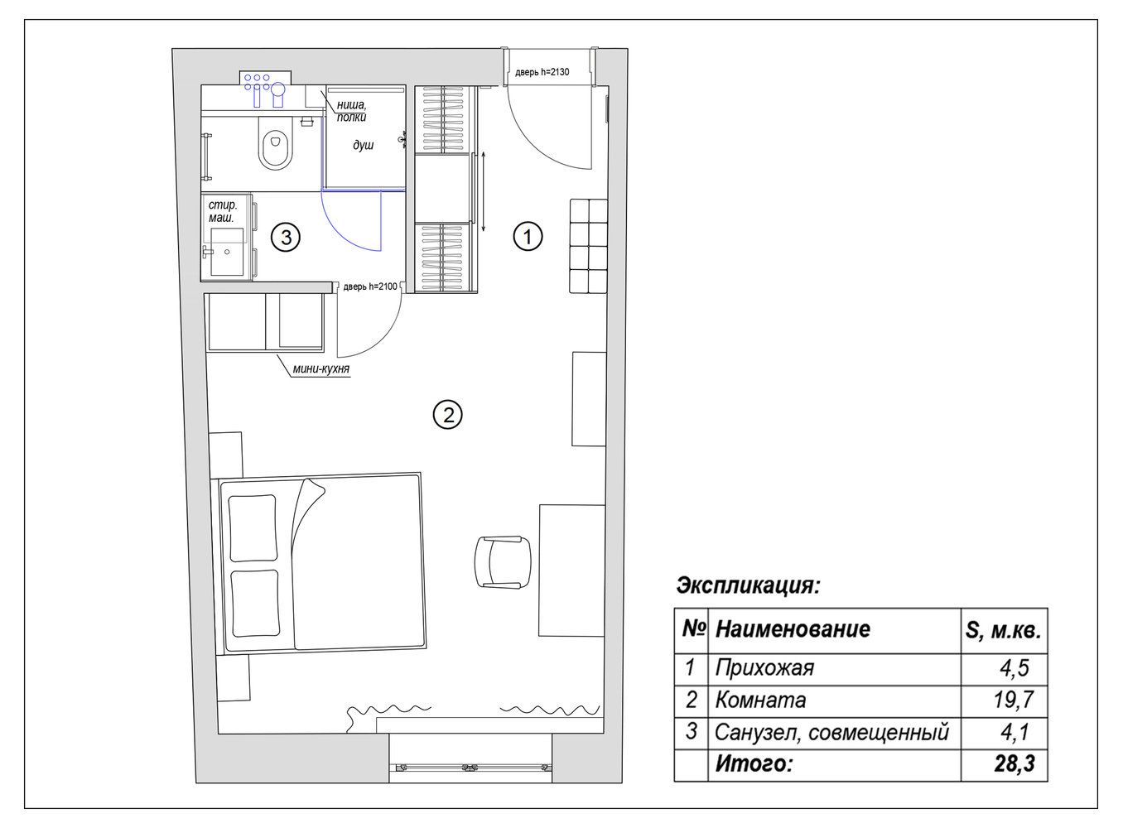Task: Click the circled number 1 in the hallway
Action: click(x=528, y=236)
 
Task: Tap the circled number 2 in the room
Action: click(x=447, y=415)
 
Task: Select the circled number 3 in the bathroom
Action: click(x=286, y=237)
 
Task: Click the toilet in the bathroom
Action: click(x=275, y=143)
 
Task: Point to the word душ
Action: click(x=363, y=146)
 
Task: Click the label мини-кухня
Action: click(x=321, y=369)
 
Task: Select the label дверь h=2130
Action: click(x=542, y=72)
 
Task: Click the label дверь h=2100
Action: click(x=370, y=286)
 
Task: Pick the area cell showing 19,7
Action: click(x=1013, y=700)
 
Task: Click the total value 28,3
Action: click(x=1015, y=764)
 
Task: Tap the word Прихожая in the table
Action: click(x=764, y=668)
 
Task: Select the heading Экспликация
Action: click(x=748, y=585)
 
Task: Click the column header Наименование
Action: click(x=793, y=629)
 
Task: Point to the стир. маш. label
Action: click(x=222, y=211)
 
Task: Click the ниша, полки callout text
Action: click(x=351, y=111)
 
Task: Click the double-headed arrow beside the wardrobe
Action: click(x=484, y=192)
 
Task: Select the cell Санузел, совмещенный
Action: click(x=831, y=732)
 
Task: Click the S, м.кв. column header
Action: click(x=1003, y=631)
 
